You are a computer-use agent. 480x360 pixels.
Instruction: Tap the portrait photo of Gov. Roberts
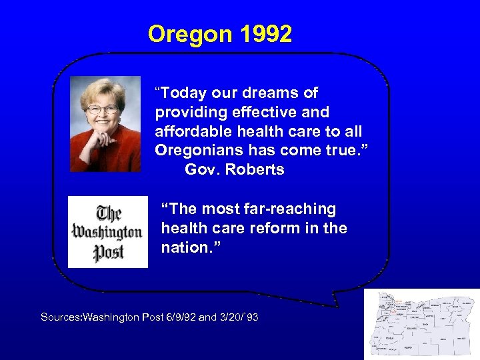click(105, 124)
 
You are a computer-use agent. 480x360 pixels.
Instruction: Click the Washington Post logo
click(108, 232)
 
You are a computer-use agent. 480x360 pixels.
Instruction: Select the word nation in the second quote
click(182, 247)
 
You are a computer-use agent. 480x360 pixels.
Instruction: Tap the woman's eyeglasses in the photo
click(103, 108)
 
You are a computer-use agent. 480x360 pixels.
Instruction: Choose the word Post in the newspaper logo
click(108, 254)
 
